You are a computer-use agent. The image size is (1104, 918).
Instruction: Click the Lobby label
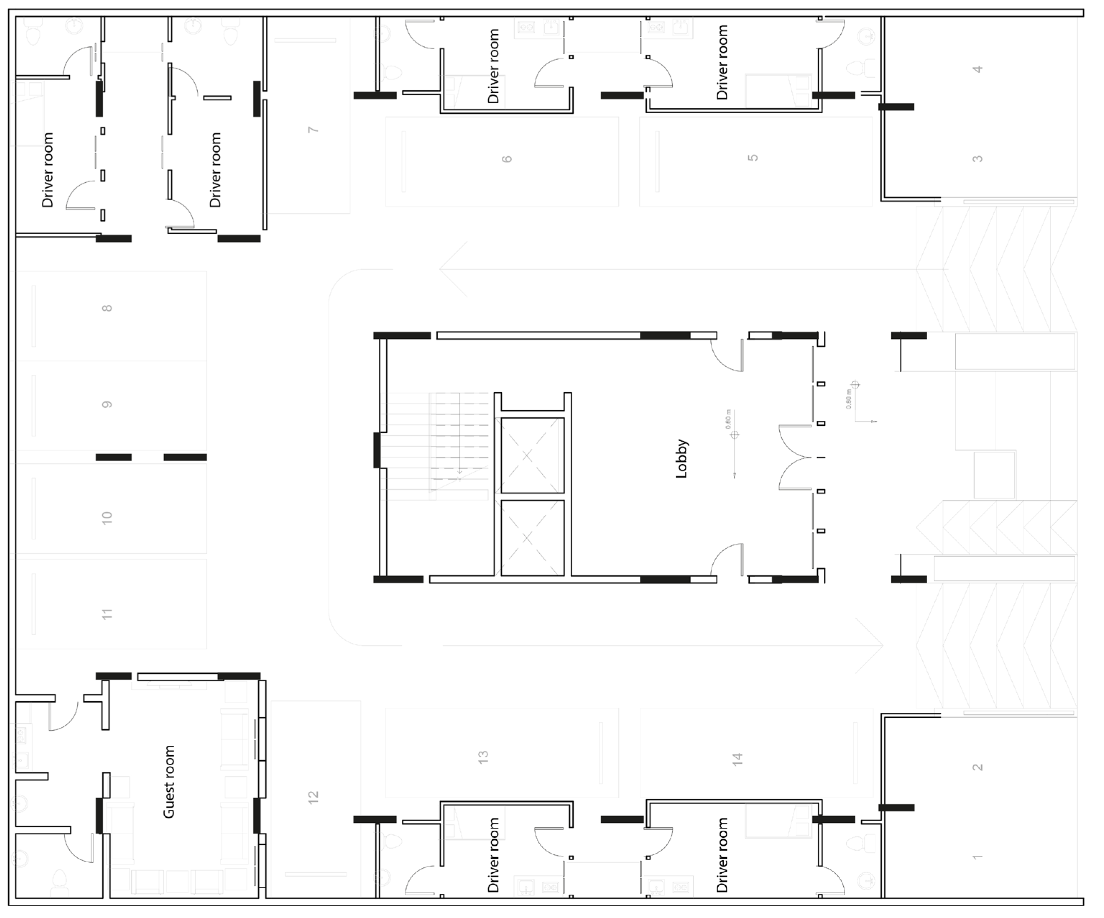[x=681, y=459]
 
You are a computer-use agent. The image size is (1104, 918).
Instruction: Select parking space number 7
[x=313, y=129]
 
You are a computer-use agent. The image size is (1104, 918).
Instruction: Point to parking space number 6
[x=506, y=159]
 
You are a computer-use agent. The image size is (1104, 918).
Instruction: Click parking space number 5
[x=753, y=158]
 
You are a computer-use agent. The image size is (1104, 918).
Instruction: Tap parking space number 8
[x=107, y=308]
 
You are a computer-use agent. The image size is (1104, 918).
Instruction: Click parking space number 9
[x=107, y=405]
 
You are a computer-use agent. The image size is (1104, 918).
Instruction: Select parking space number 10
[x=107, y=518]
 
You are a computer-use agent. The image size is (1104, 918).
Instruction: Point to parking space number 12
[x=313, y=797]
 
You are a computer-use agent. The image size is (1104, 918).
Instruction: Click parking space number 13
[x=483, y=757]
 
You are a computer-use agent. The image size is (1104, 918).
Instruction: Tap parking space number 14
[x=737, y=759]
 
